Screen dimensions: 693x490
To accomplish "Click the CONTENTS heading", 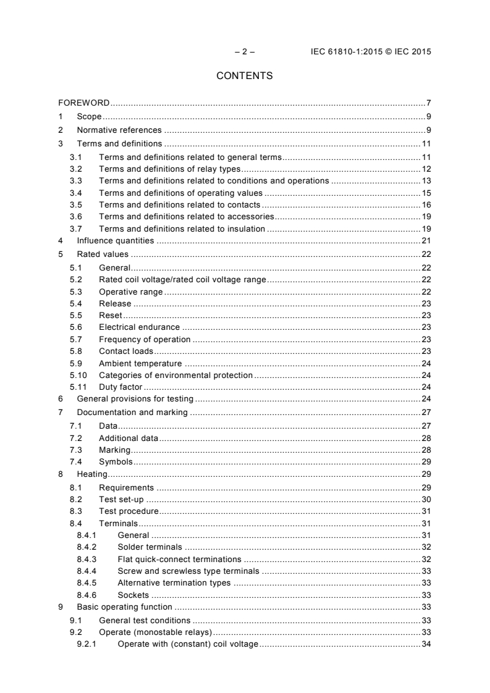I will [245, 76].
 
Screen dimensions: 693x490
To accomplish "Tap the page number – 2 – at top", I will [245, 52].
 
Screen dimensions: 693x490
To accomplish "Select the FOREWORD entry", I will [84, 103].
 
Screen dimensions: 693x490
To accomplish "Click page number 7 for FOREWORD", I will [428, 103].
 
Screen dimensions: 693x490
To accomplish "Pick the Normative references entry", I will [119, 130].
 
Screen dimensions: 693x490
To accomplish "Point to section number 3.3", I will [76, 180].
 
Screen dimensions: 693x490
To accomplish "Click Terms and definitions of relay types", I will [169, 169].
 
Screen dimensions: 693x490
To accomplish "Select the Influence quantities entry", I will [115, 240].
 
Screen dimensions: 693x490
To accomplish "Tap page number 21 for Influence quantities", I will [426, 240].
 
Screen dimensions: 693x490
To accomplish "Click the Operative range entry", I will [130, 292].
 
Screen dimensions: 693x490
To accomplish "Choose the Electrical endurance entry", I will [139, 327].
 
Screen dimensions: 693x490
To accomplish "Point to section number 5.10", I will [78, 375].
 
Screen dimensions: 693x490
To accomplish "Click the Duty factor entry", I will [120, 387].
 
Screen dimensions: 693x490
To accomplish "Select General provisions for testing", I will [135, 399].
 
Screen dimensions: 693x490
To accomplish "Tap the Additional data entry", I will [128, 438].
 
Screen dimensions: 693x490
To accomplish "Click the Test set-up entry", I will [122, 499].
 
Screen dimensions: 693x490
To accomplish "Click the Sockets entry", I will [133, 595].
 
